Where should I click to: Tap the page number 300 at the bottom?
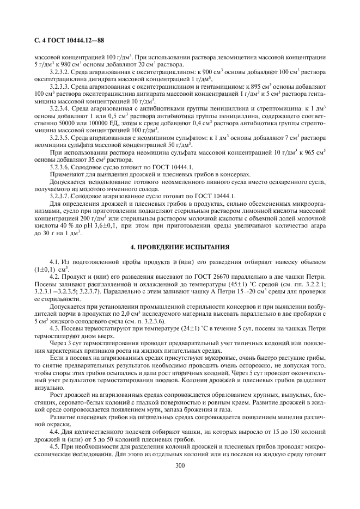180,465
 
